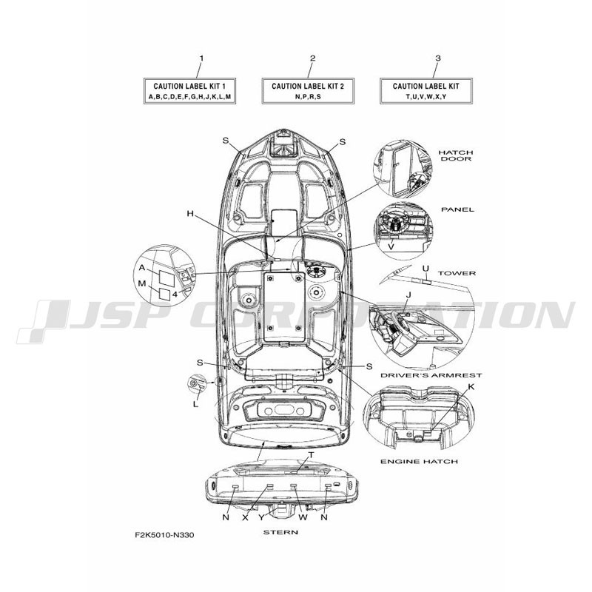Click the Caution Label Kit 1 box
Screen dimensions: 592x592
[189, 90]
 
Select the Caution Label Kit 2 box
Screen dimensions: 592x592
[308, 90]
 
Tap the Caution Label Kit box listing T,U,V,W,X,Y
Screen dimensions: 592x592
[426, 90]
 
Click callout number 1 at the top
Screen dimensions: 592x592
[201, 58]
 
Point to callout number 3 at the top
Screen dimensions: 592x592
[438, 58]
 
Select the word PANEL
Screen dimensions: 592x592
[457, 209]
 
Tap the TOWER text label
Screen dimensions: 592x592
[457, 273]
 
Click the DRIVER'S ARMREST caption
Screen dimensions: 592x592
[431, 375]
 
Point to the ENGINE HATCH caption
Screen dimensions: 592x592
[419, 461]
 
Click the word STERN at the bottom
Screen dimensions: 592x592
[280, 532]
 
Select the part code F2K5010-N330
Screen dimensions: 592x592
[164, 535]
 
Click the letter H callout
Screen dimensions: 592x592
[190, 214]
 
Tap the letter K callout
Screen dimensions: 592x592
[471, 387]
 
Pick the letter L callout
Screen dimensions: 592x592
[195, 404]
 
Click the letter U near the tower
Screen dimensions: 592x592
[425, 269]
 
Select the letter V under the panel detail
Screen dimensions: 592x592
[391, 247]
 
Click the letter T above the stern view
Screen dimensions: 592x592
[312, 455]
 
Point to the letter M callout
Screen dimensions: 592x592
[142, 283]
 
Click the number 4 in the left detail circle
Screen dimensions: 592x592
[175, 295]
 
